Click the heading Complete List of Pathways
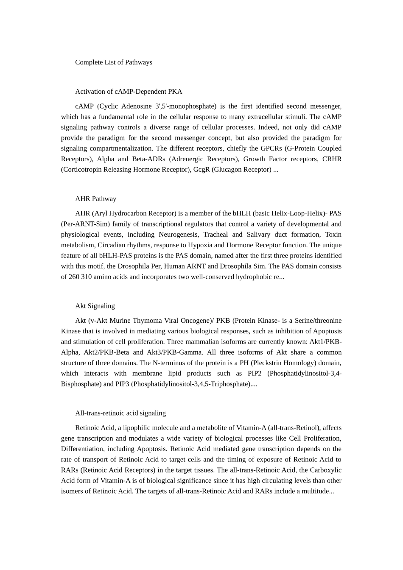point(113,62)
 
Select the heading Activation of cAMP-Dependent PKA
point(129,92)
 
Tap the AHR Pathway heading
point(95,199)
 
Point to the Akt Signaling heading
point(95,306)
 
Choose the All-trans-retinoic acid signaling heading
point(120,413)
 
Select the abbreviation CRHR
point(332,159)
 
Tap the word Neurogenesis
point(178,235)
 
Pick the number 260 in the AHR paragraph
point(74,277)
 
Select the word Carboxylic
point(325,470)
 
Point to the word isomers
point(72,492)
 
